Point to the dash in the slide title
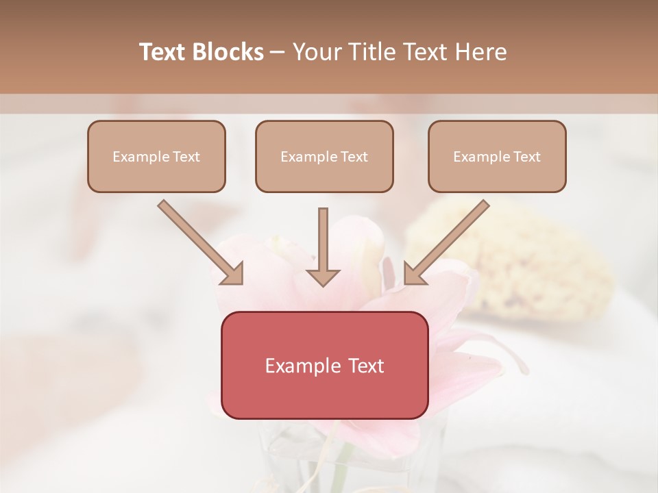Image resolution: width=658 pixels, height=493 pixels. click(278, 52)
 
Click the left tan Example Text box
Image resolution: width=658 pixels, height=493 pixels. click(156, 156)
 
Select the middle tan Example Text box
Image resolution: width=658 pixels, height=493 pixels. click(324, 156)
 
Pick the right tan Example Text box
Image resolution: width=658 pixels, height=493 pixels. click(497, 156)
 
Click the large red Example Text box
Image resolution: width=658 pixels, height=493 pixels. click(324, 365)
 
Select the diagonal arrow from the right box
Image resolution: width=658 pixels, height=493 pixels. click(449, 242)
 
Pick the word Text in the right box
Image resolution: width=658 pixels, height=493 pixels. click(526, 157)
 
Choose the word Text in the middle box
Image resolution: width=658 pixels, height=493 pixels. click(354, 157)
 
